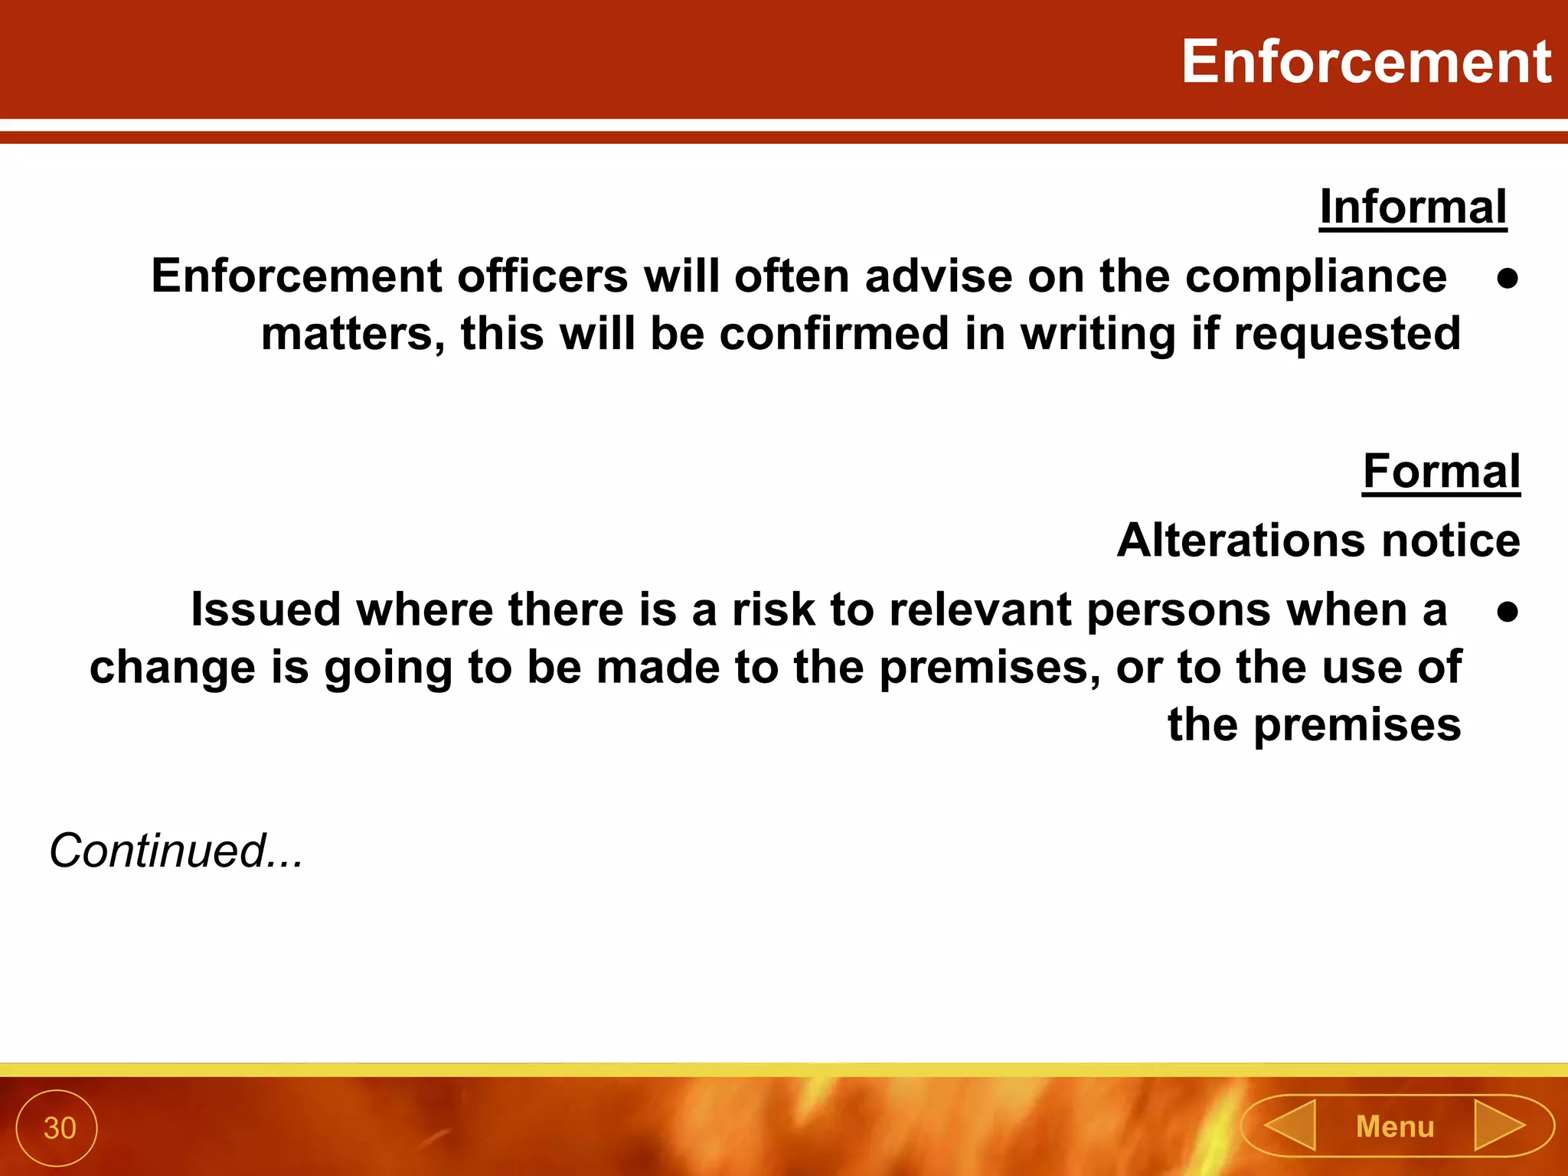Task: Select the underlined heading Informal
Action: (1413, 207)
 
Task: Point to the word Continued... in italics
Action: (176, 851)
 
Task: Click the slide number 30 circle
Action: (58, 1128)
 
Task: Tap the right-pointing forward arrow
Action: (1499, 1125)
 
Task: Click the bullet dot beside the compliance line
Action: (1508, 279)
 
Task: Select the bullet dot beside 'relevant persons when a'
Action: (1508, 612)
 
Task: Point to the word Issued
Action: (266, 610)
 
